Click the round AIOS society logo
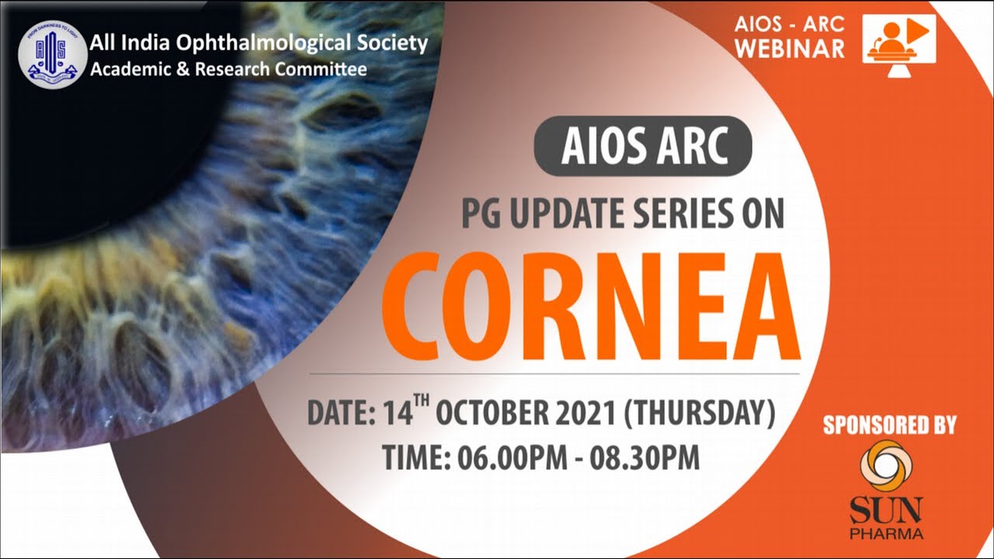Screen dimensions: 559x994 click(x=53, y=54)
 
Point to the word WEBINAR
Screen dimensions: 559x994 click(x=790, y=48)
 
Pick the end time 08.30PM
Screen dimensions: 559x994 click(x=645, y=458)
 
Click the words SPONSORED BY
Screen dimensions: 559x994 click(x=889, y=425)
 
